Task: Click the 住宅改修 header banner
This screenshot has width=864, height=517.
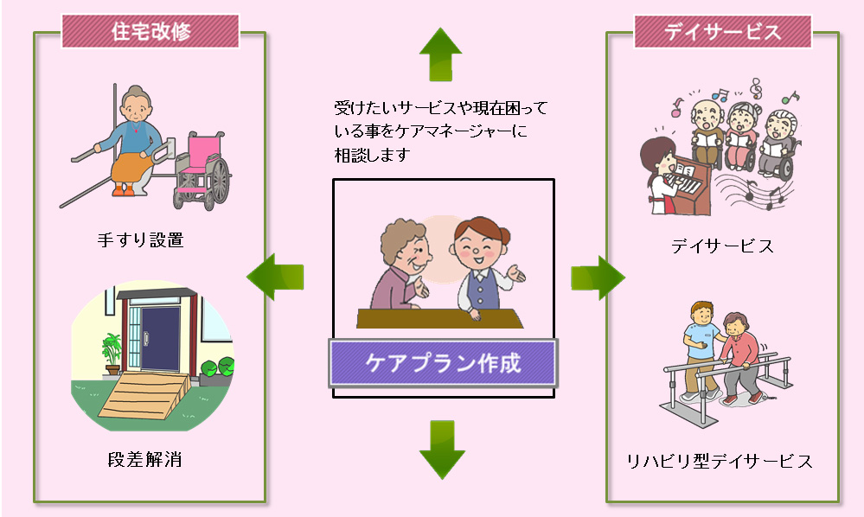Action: [x=150, y=31]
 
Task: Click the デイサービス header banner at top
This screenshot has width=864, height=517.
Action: [x=722, y=31]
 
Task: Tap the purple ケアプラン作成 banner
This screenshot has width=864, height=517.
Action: [x=444, y=363]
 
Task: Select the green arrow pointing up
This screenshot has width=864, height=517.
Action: [x=440, y=54]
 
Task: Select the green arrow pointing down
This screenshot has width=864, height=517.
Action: [x=442, y=450]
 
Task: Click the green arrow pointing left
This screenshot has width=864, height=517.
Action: [x=275, y=277]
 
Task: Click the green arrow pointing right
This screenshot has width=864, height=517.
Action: [x=598, y=277]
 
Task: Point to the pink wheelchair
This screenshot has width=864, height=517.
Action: [x=202, y=170]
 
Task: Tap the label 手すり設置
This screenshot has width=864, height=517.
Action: [x=140, y=240]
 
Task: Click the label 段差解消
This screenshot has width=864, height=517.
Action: [x=144, y=459]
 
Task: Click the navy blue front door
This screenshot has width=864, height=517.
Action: [x=160, y=338]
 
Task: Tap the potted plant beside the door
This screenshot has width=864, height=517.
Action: [x=112, y=354]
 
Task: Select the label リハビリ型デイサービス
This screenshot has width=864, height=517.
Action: [x=720, y=461]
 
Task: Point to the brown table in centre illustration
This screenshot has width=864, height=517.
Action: [x=439, y=319]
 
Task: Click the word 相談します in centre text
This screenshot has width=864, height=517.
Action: [x=373, y=156]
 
